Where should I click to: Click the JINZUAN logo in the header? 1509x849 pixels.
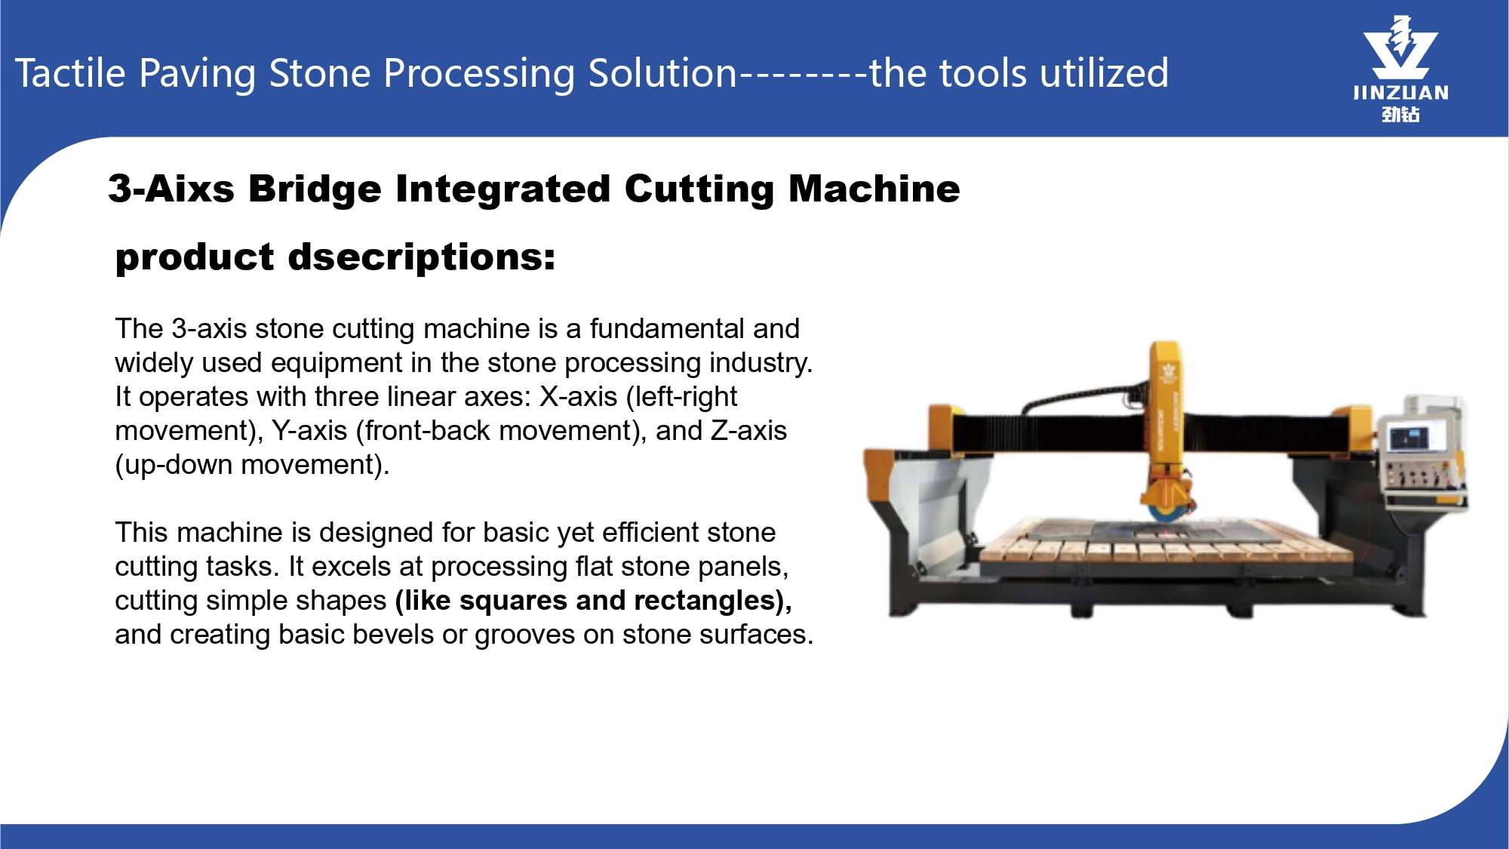tap(1400, 68)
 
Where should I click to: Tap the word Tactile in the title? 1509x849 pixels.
tap(70, 73)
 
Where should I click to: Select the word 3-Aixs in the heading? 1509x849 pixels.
tap(171, 188)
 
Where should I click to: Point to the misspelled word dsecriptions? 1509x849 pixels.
tap(422, 257)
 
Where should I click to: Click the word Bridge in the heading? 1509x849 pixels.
tap(315, 189)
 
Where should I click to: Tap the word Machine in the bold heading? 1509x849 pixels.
tap(874, 188)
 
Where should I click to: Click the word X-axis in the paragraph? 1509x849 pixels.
tap(578, 396)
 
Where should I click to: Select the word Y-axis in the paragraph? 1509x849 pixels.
tap(309, 430)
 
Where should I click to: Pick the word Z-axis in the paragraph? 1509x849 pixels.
tap(748, 430)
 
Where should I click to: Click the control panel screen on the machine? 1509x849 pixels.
tap(1409, 438)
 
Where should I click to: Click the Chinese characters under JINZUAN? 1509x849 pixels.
tap(1401, 114)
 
